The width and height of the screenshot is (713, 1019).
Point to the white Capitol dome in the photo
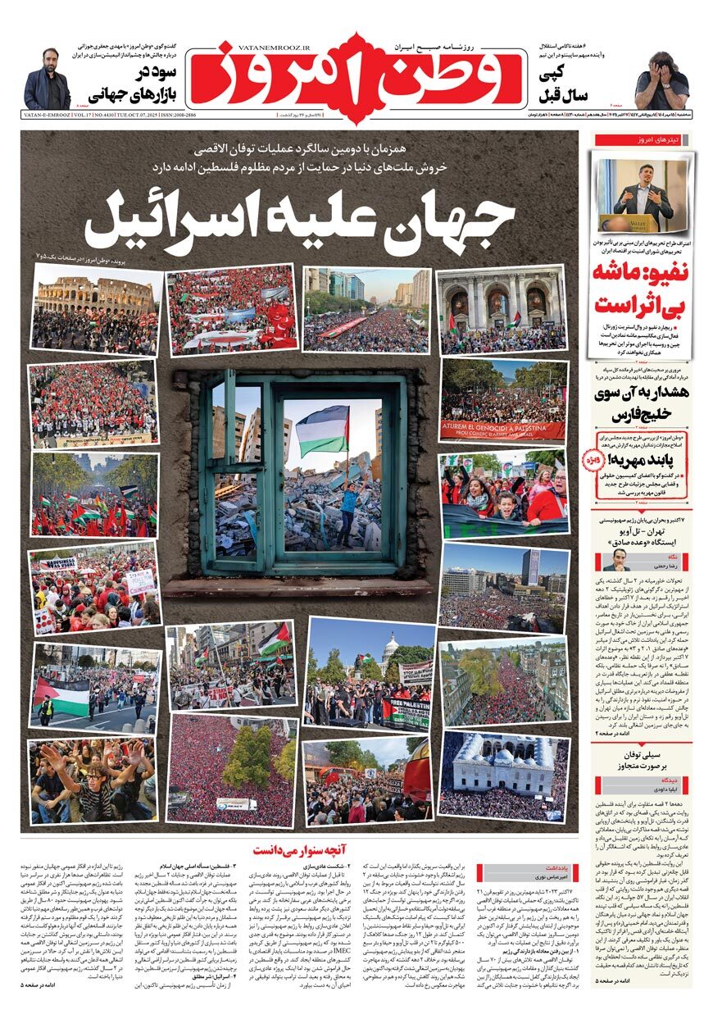pyautogui.click(x=389, y=653)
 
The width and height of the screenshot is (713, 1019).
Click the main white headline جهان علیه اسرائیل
pyautogui.click(x=300, y=220)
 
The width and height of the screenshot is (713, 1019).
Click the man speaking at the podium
pyautogui.click(x=643, y=198)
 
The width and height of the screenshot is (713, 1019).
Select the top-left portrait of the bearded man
pyautogui.click(x=47, y=80)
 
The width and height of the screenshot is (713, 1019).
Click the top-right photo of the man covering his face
pyautogui.click(x=662, y=80)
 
